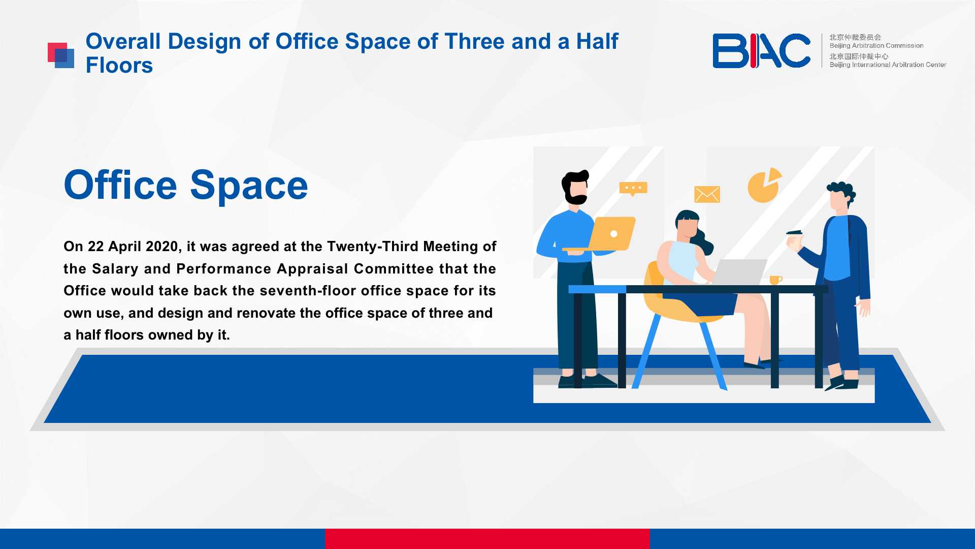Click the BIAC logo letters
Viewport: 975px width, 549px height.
761,50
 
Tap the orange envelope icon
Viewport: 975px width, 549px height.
707,194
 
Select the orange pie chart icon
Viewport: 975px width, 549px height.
764,186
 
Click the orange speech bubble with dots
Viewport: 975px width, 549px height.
633,189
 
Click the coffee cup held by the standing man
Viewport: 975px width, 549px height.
794,239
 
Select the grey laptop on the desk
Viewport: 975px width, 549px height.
739,272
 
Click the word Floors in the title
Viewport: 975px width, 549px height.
119,65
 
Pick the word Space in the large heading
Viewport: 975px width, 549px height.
249,185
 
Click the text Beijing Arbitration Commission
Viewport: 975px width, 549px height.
876,46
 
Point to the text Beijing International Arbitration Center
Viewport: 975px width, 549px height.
888,65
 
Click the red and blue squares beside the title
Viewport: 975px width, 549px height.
61,55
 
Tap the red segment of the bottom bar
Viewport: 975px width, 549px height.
487,539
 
